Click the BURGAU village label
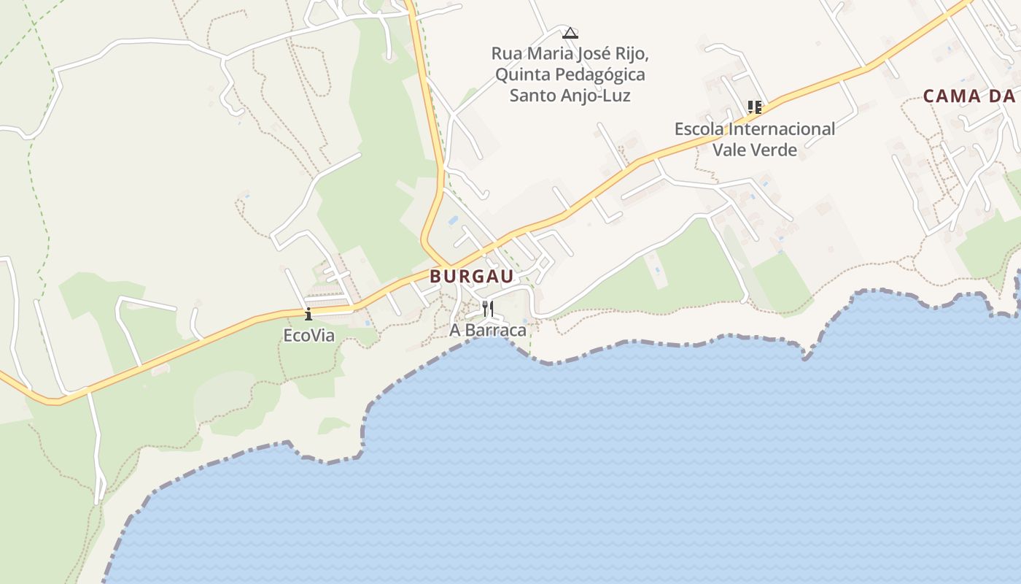(472, 277)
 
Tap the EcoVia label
(308, 336)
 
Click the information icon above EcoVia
(308, 315)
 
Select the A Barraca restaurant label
(487, 330)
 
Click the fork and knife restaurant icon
(488, 309)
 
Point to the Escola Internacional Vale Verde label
(754, 139)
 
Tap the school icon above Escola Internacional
(755, 108)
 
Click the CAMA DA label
(970, 96)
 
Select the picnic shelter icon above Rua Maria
(570, 32)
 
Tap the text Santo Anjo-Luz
(570, 96)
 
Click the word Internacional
(782, 129)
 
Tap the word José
(592, 54)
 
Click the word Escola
(699, 129)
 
